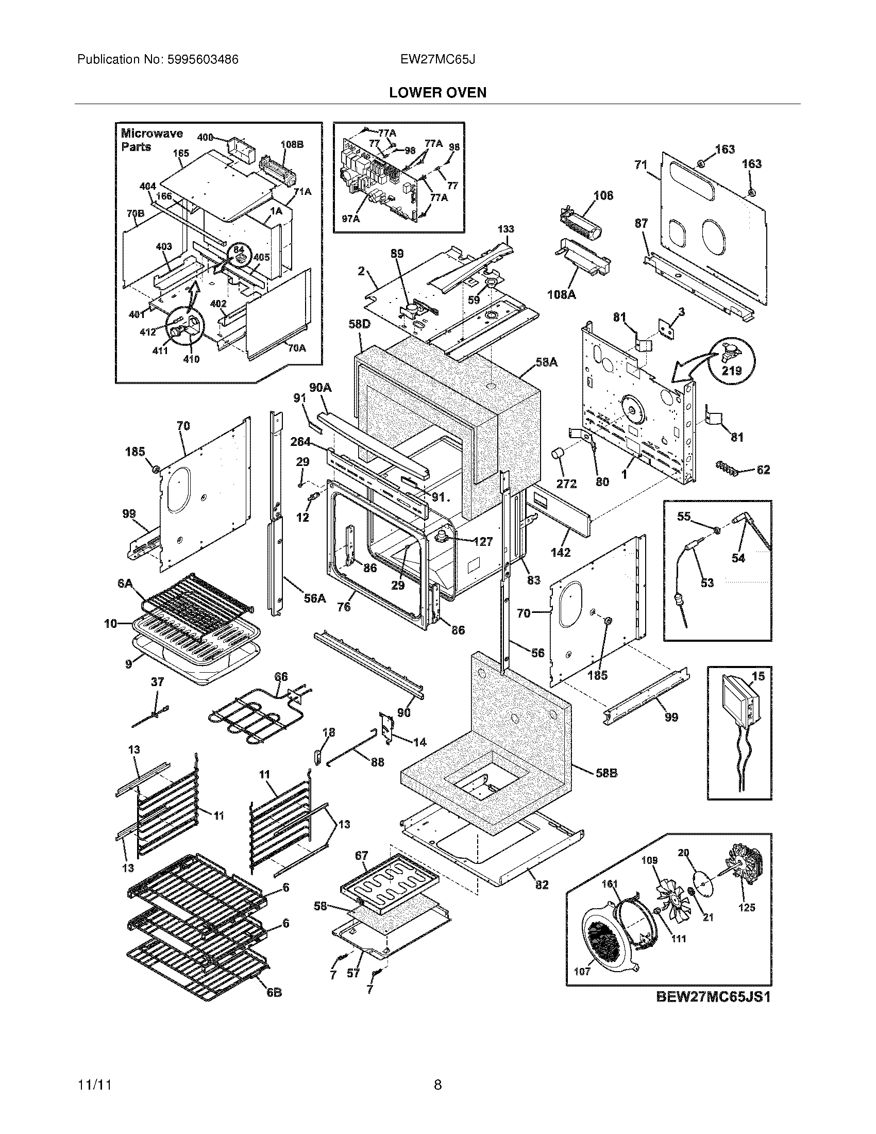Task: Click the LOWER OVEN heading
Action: pos(437,93)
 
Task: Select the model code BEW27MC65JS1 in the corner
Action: pos(713,997)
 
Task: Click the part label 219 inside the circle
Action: pos(732,371)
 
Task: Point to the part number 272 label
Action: pos(566,483)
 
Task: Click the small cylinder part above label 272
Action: pos(559,455)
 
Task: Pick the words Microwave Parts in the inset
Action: pos(151,140)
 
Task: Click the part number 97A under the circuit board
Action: pos(351,219)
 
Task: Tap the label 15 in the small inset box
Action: pos(758,676)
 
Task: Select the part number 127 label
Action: pos(483,542)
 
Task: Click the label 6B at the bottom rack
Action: pos(274,992)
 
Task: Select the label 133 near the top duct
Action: pos(506,229)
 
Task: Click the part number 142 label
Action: pos(561,553)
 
